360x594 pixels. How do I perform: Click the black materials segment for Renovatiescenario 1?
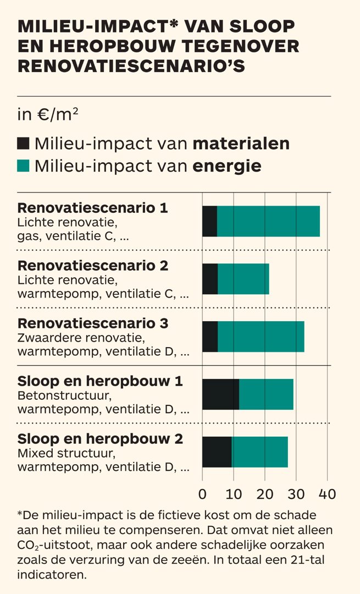[209, 221]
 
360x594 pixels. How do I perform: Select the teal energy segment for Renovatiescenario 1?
[268, 221]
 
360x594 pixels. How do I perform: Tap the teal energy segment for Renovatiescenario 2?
[243, 279]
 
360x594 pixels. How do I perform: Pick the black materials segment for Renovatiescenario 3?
[210, 337]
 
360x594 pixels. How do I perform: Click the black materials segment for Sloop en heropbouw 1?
[220, 394]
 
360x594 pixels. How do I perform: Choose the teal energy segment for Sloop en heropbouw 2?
[259, 452]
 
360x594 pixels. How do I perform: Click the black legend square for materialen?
[23, 144]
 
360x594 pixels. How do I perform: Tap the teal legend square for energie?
[23, 166]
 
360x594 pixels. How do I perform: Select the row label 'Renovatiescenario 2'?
[93, 266]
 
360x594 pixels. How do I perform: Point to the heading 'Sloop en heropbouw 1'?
[100, 381]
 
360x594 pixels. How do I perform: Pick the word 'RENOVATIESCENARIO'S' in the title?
[131, 65]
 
